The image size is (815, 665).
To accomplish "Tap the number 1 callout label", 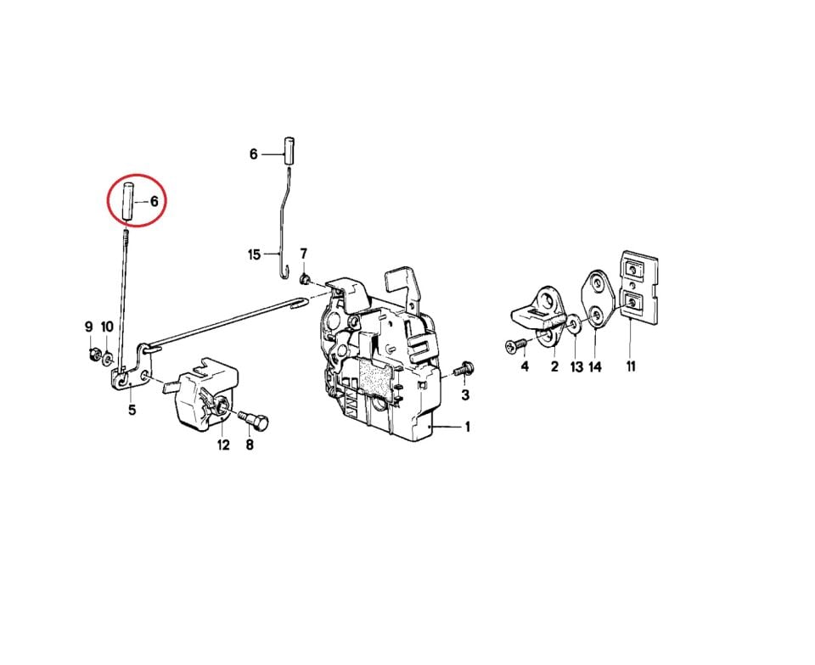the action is point(468,427).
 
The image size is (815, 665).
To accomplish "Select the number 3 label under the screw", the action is point(465,396).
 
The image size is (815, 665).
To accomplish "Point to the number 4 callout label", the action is point(525,366).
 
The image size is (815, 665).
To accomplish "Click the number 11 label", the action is point(631,366).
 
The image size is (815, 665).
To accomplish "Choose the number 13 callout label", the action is point(576,366).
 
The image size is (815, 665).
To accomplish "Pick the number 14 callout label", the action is point(595,366).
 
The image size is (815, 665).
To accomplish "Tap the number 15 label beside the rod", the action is point(255,254).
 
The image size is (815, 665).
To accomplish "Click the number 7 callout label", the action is point(303,254).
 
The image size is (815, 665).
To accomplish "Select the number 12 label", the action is point(222,444).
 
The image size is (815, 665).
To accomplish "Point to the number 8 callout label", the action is point(250,444).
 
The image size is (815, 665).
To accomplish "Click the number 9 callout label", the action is point(88,327).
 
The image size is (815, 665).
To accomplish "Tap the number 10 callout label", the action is point(107,327).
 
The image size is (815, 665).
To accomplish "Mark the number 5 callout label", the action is point(132,411).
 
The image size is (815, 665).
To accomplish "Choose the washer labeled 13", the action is point(573,324).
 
